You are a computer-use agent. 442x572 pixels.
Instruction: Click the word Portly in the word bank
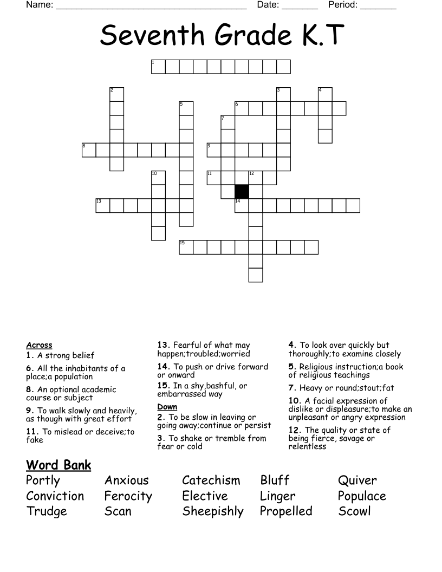(x=43, y=480)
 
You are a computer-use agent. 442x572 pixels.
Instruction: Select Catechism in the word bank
(x=211, y=480)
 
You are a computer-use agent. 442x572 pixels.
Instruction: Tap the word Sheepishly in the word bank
(x=213, y=511)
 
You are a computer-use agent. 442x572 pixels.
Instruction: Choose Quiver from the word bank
(x=357, y=480)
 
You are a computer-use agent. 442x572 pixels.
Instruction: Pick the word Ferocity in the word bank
(x=128, y=496)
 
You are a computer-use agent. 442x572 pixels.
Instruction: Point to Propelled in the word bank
(x=286, y=511)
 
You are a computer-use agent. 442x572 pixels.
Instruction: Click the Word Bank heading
(x=58, y=465)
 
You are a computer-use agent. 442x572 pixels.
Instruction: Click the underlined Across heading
(x=39, y=345)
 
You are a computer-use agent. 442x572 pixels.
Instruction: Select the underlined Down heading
(x=167, y=407)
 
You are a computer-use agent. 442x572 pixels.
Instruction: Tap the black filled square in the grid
(x=242, y=192)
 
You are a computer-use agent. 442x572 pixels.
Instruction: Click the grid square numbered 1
(x=158, y=67)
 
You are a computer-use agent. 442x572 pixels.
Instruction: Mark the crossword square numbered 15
(x=186, y=247)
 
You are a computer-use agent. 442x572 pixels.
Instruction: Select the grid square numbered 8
(x=89, y=150)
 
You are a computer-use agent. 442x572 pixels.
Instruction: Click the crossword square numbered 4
(x=325, y=94)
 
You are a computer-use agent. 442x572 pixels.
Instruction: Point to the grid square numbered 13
(x=103, y=206)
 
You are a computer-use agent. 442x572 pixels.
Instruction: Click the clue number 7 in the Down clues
(x=291, y=388)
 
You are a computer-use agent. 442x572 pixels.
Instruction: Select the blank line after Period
(x=378, y=6)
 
